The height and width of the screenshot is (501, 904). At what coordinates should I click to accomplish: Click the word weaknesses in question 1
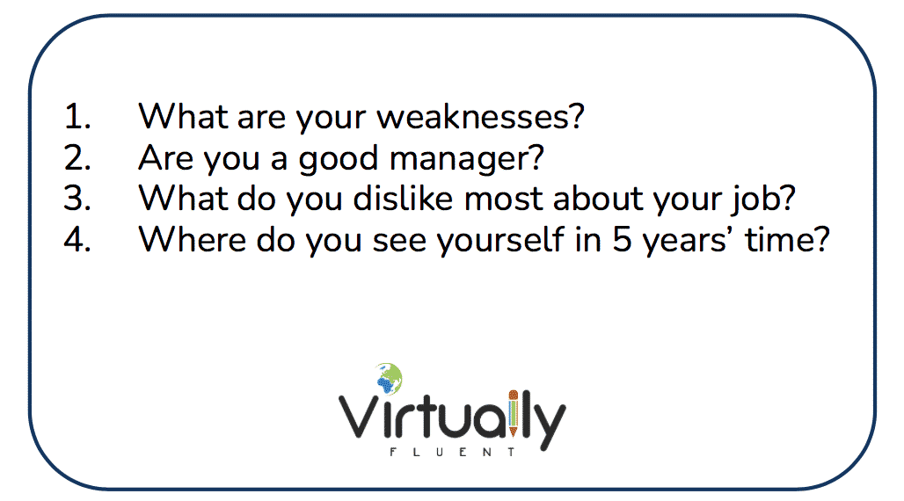point(480,116)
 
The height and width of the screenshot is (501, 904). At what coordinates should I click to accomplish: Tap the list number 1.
point(77,116)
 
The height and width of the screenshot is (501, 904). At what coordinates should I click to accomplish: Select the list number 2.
point(77,158)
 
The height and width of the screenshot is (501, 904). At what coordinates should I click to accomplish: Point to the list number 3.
point(77,199)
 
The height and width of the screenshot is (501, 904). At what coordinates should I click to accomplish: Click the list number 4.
point(77,239)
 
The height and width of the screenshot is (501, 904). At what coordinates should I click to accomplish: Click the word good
point(338,159)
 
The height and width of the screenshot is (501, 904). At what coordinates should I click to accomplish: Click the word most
point(503,200)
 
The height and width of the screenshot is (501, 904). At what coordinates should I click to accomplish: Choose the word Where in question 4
point(192,239)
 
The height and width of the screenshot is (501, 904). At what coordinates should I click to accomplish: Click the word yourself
point(499,240)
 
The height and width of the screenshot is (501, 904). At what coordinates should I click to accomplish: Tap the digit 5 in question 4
point(622,239)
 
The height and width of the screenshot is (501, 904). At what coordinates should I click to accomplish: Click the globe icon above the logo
point(389,378)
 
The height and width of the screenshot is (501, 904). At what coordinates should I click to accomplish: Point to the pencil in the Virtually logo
point(513,413)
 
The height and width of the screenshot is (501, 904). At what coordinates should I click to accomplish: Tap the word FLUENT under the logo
point(452,452)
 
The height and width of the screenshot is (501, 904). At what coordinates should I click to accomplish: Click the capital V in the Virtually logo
point(359,417)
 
